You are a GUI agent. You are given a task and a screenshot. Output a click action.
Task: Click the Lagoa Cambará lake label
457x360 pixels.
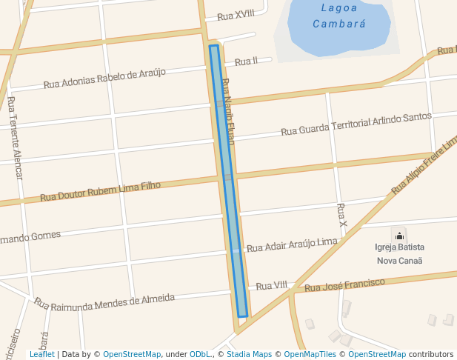coord(339,16)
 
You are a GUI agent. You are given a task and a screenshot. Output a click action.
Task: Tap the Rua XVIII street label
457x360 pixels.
coord(236,16)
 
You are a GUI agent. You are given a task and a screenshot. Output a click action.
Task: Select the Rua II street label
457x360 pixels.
coord(246,61)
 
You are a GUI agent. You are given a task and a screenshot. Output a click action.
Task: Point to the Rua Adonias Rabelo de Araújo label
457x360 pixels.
coord(104,78)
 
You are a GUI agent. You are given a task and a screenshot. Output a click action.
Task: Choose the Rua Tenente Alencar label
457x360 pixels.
coord(16,138)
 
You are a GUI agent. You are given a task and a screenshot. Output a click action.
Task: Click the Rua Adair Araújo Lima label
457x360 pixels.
coord(292,245)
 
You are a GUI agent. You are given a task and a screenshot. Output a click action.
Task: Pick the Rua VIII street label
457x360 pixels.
coord(271,285)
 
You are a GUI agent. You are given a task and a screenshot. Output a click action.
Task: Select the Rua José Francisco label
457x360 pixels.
coord(345,285)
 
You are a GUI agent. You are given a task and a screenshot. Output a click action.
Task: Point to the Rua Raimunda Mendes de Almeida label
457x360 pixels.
coord(104,301)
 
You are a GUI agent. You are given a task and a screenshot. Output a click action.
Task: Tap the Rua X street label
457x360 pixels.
coord(341,214)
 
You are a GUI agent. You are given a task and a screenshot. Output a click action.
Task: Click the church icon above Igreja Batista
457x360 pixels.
coord(399,236)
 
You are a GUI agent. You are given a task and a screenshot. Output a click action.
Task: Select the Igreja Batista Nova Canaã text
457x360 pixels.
coord(399,253)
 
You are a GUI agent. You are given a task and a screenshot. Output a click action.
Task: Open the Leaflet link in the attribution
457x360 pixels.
coord(41,354)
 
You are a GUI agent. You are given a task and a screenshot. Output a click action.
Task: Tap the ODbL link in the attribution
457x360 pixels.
coord(200,354)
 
